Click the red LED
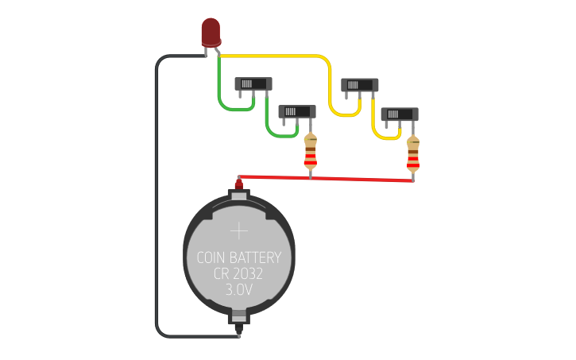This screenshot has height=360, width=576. pos(211,32)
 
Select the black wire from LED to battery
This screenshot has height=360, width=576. pos(156,199)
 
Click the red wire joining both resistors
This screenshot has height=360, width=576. pos(358,178)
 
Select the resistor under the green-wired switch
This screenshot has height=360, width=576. pos(310,153)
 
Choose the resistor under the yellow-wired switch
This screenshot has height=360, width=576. pos(413,154)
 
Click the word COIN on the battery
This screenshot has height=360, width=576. pos(211,258)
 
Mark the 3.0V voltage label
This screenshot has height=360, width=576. pos(238,290)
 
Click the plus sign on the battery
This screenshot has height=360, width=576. pos(239,231)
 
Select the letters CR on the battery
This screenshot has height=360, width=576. pos(222,274)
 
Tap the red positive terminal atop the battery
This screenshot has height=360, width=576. pos(238,185)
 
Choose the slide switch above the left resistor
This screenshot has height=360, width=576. pos(297,111)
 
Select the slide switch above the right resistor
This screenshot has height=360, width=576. pos(400,114)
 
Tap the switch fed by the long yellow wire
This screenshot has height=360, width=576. pos(359,85)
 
